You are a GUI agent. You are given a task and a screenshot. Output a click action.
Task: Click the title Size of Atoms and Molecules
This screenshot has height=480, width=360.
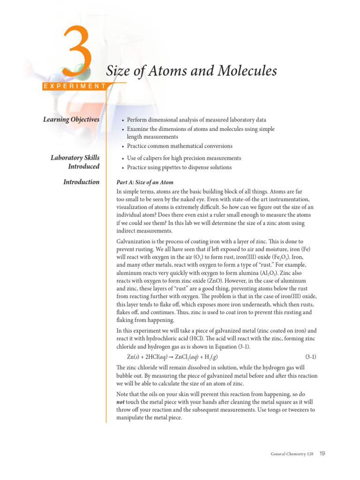[191, 71]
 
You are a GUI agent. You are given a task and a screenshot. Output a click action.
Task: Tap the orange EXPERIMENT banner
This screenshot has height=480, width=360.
[74, 86]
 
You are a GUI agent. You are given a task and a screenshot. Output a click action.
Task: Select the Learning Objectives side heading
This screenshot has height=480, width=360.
[71, 120]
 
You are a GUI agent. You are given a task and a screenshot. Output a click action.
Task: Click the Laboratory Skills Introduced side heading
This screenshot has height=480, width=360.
[75, 162]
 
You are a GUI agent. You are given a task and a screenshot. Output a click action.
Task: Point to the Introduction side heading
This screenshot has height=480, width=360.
[81, 182]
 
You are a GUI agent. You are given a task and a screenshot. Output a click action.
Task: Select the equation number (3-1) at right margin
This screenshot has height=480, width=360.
[310, 356]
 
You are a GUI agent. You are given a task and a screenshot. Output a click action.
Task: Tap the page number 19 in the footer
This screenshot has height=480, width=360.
[322, 453]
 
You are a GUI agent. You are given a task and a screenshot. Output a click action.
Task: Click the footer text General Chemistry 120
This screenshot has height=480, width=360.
[292, 454]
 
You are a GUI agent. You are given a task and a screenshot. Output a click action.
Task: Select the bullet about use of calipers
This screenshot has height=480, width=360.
[184, 158]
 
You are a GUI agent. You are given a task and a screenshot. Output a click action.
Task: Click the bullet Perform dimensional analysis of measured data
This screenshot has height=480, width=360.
[196, 120]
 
